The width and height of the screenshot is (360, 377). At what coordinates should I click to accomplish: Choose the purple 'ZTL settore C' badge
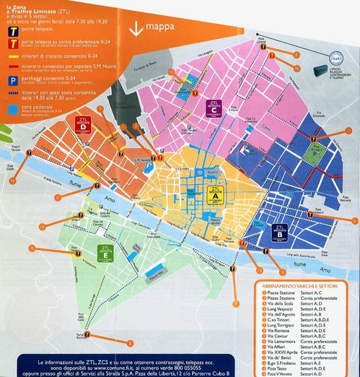click(214, 106)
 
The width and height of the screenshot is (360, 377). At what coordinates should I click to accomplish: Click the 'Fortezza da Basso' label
click(154, 67)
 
